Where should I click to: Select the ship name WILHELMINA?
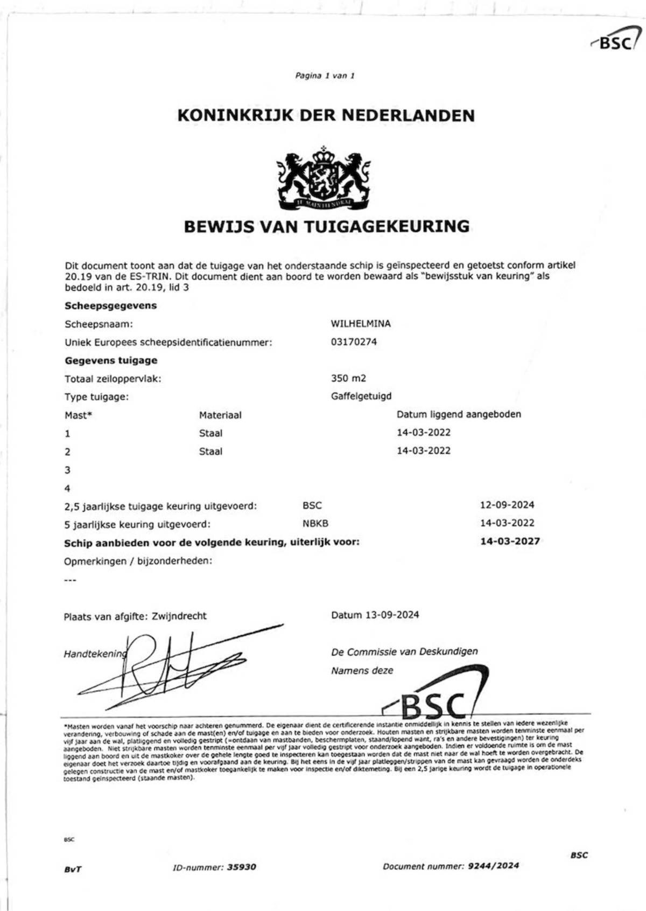click(x=361, y=324)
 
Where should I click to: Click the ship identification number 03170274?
click(x=354, y=342)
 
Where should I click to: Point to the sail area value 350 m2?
click(x=348, y=378)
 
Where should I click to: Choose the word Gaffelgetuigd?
click(x=361, y=397)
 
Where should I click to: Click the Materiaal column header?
click(x=220, y=415)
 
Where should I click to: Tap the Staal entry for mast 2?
click(x=210, y=451)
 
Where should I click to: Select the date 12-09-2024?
click(x=507, y=505)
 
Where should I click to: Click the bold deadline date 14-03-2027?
click(x=510, y=541)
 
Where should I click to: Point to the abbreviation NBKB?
click(x=315, y=523)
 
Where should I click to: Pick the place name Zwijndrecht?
click(x=179, y=616)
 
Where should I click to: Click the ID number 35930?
click(x=242, y=867)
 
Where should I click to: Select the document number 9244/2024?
click(x=494, y=866)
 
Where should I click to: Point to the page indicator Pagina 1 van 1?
click(x=325, y=76)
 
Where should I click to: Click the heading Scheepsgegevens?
click(x=111, y=305)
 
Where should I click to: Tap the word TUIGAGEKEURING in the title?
click(x=387, y=226)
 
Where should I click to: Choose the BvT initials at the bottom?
click(x=73, y=869)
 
